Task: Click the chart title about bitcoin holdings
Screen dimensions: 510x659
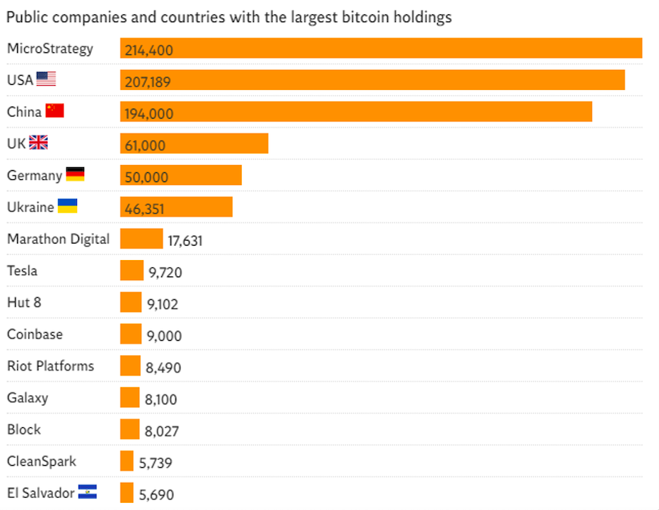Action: tap(229, 17)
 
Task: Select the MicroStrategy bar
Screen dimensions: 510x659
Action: tap(381, 48)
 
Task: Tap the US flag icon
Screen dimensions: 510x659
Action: tap(46, 79)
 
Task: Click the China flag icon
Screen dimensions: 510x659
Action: tap(55, 111)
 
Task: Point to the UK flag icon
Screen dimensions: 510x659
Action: tap(39, 143)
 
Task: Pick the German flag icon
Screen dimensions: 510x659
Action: tap(75, 174)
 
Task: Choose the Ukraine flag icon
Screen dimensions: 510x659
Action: tap(67, 206)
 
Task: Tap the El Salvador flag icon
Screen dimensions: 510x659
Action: tap(88, 491)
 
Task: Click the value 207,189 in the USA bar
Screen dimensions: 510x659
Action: tap(148, 82)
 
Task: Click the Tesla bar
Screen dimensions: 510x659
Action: tap(132, 271)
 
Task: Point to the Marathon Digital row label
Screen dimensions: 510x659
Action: tap(58, 239)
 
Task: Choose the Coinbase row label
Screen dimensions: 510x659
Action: tap(35, 334)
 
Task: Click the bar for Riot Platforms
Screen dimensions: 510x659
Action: tap(131, 366)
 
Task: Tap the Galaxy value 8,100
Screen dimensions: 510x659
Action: tap(161, 400)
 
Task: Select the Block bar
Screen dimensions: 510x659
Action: tap(130, 429)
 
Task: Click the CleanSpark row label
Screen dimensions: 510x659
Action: tap(41, 461)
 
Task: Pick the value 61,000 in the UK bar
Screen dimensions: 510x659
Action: tap(145, 146)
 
